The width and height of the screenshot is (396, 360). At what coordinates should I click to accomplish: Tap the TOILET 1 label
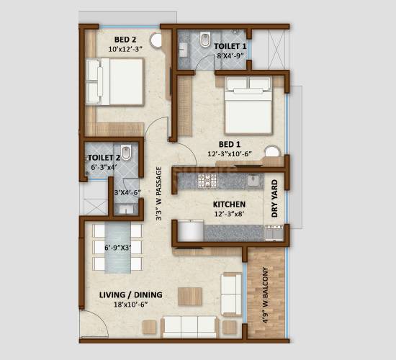tap(230, 46)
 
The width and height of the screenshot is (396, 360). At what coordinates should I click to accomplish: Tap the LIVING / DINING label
tap(130, 294)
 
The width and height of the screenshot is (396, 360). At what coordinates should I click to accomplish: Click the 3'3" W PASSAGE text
tap(159, 194)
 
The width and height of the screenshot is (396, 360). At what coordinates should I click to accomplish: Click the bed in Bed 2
tap(115, 81)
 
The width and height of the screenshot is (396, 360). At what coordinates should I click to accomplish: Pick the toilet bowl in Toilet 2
tap(127, 153)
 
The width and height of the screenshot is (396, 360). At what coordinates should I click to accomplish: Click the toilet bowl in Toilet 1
tap(206, 40)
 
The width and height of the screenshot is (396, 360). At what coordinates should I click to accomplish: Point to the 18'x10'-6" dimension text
tap(130, 304)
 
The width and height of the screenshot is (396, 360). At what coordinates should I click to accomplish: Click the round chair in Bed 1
tap(272, 152)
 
